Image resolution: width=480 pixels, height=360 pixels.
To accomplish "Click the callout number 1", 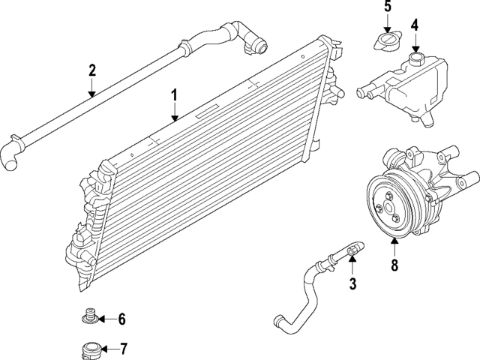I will point(174,95).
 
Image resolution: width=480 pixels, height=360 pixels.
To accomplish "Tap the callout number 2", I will point(92,71).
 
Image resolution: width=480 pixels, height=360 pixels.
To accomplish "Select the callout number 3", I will point(352,283).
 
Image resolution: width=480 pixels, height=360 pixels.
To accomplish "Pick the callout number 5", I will point(388,7).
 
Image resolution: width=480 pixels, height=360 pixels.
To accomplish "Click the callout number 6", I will point(121,319).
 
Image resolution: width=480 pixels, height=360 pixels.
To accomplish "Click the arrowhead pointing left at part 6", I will point(101,319).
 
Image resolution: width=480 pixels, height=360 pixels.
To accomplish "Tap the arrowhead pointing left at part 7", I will point(103,348).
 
